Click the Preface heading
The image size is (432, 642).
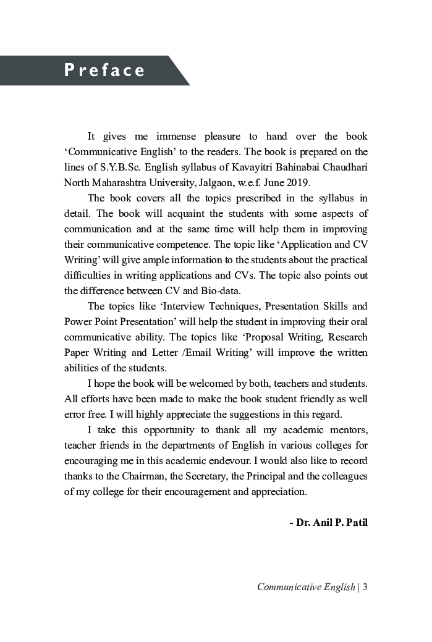(x=104, y=70)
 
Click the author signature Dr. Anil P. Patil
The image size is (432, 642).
(x=328, y=523)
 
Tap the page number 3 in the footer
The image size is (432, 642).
(x=365, y=587)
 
